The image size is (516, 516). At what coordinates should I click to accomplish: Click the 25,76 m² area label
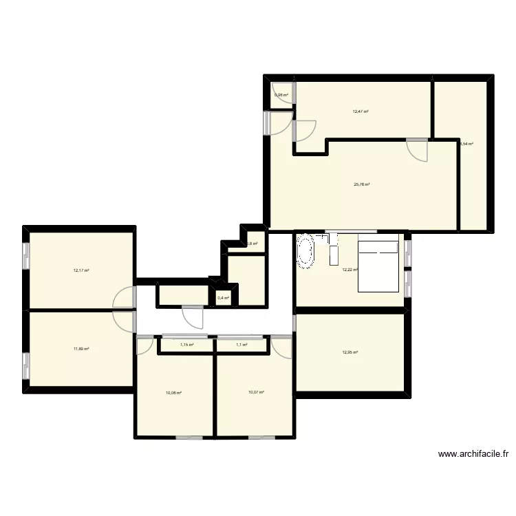pyautogui.click(x=362, y=184)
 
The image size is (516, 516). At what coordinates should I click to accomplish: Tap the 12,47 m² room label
pyautogui.click(x=361, y=111)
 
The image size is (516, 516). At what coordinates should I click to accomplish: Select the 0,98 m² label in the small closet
pyautogui.click(x=281, y=95)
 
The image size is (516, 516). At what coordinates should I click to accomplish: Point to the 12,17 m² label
pyautogui.click(x=81, y=270)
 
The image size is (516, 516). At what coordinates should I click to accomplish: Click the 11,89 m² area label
pyautogui.click(x=81, y=349)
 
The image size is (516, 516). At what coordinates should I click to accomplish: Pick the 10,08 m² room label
pyautogui.click(x=173, y=393)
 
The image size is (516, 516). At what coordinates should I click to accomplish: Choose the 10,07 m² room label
pyautogui.click(x=256, y=393)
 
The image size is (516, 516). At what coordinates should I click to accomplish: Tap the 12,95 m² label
pyautogui.click(x=350, y=353)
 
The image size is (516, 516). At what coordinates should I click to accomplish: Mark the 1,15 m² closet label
pyautogui.click(x=186, y=345)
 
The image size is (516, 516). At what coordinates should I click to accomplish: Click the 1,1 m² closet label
pyautogui.click(x=241, y=345)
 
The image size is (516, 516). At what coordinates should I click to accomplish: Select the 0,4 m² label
pyautogui.click(x=223, y=298)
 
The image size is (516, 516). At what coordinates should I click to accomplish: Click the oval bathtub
pyautogui.click(x=305, y=252)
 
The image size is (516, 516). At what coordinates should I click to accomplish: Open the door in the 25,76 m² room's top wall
pyautogui.click(x=417, y=148)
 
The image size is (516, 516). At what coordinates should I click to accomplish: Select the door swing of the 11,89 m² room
pyautogui.click(x=124, y=321)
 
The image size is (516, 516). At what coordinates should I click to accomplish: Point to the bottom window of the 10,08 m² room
pyautogui.click(x=189, y=438)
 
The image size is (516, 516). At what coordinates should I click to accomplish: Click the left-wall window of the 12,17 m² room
pyautogui.click(x=26, y=255)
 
